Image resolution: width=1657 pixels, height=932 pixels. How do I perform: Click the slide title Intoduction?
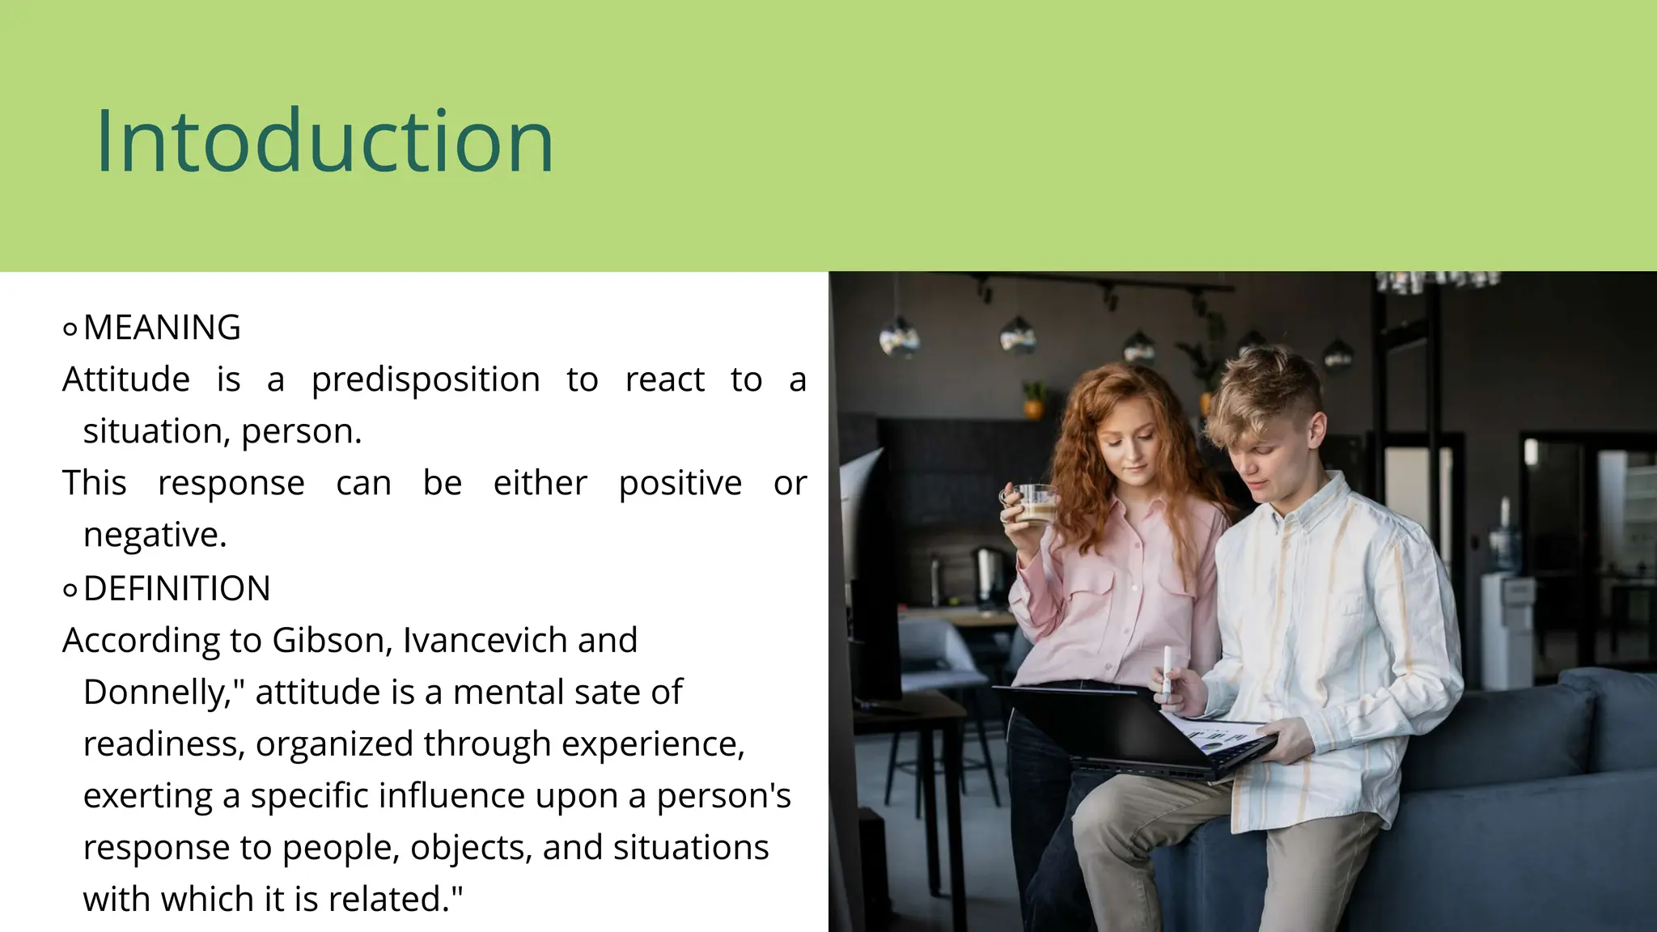324,141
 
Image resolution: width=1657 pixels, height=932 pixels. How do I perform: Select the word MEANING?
162,328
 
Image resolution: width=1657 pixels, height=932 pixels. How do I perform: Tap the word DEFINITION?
176,589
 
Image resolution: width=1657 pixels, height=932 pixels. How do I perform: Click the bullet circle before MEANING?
70,329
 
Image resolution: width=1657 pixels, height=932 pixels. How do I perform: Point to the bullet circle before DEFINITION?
70,591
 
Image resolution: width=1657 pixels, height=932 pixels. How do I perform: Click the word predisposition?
426,379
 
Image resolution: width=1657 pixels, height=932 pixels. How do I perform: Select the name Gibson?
332,641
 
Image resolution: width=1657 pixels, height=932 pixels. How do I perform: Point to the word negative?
155,535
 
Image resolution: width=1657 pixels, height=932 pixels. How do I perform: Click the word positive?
680,483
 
